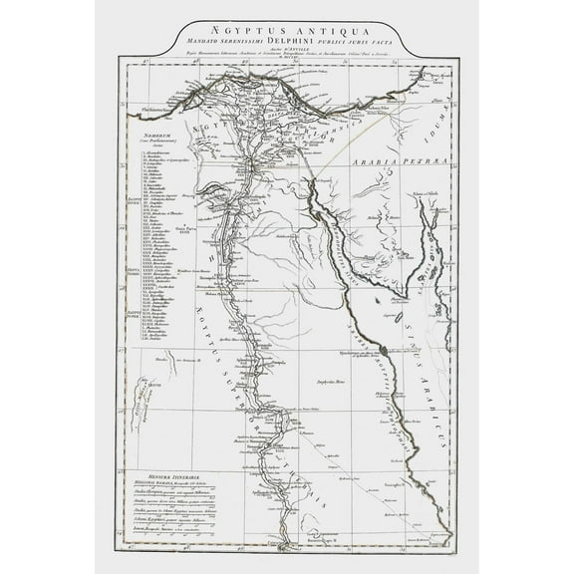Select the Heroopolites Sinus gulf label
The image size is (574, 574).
(344, 244)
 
